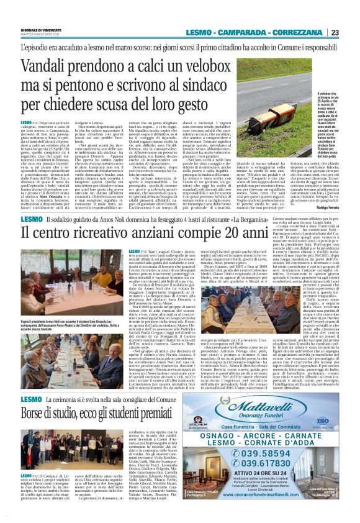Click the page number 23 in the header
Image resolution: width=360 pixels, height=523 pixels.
(x=351, y=32)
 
